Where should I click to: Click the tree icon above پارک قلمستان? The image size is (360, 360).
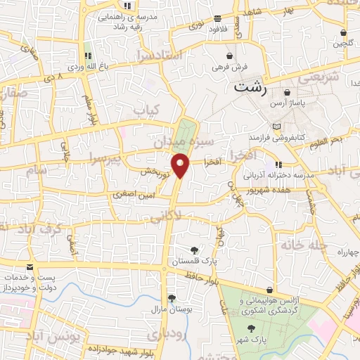tap(195, 250)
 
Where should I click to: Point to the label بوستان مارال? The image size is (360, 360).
tap(166, 309)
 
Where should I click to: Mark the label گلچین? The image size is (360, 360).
tap(342, 44)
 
